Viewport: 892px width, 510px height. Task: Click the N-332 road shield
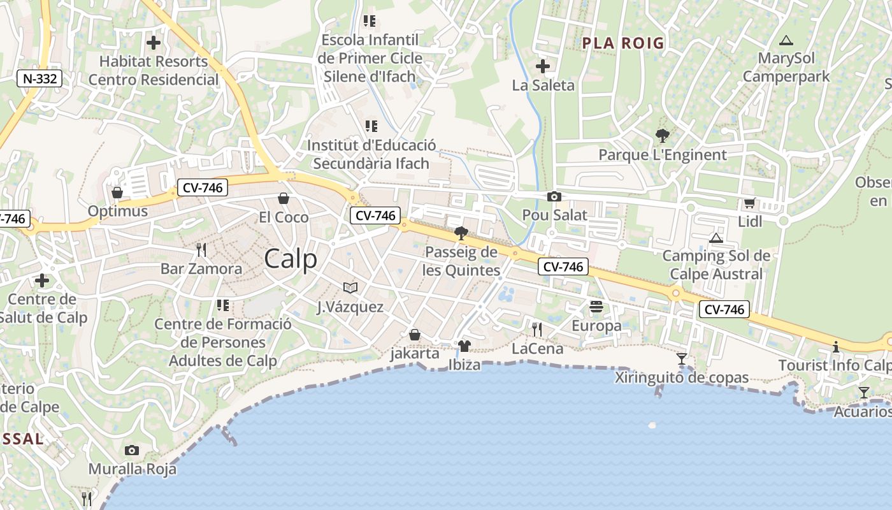coord(40,79)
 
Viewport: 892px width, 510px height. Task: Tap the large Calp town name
coord(290,259)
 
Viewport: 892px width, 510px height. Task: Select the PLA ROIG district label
coord(623,43)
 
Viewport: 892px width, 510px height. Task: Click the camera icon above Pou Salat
coord(554,196)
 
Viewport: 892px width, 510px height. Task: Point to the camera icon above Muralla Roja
coord(132,450)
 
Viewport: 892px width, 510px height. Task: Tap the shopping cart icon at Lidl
coord(749,203)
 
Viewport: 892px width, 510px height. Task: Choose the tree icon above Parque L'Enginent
coord(662,136)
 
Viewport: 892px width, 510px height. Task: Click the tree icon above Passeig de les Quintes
coord(461,233)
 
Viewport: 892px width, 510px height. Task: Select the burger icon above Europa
coord(596,307)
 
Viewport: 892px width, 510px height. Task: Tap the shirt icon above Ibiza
coord(464,346)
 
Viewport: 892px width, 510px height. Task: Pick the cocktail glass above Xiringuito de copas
coord(682,358)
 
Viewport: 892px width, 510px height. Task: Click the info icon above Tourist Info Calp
coord(836,347)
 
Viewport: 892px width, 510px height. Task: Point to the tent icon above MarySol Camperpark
coord(786,40)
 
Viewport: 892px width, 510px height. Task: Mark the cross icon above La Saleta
coord(543,66)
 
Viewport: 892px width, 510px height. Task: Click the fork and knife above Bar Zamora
coord(201,249)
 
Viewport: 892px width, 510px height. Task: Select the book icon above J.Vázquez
coord(350,288)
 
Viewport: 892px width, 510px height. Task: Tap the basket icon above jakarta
coord(415,335)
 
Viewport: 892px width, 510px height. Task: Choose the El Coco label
coord(284,217)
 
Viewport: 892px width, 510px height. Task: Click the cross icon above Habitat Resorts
coord(154,43)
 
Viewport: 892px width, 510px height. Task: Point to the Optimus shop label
coord(118,211)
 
